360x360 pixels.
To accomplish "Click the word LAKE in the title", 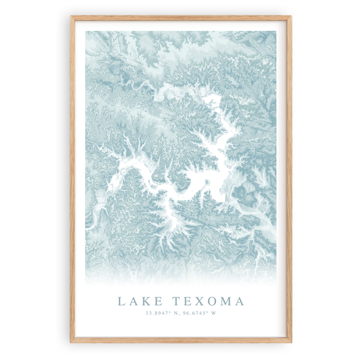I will click(138, 301).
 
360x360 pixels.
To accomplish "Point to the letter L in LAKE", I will click(122, 301).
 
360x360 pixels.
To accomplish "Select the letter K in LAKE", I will click(145, 301).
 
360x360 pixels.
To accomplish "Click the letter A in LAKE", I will click(133, 301).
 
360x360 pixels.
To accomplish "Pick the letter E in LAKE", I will click(156, 301).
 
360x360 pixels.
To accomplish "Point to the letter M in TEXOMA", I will click(224, 301).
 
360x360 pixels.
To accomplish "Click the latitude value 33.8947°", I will click(156, 313).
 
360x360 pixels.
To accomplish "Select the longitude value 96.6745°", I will click(197, 313).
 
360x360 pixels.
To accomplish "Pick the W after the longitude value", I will click(215, 313).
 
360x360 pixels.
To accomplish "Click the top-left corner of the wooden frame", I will click(71, 16).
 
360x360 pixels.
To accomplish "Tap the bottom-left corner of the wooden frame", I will click(71, 344).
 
